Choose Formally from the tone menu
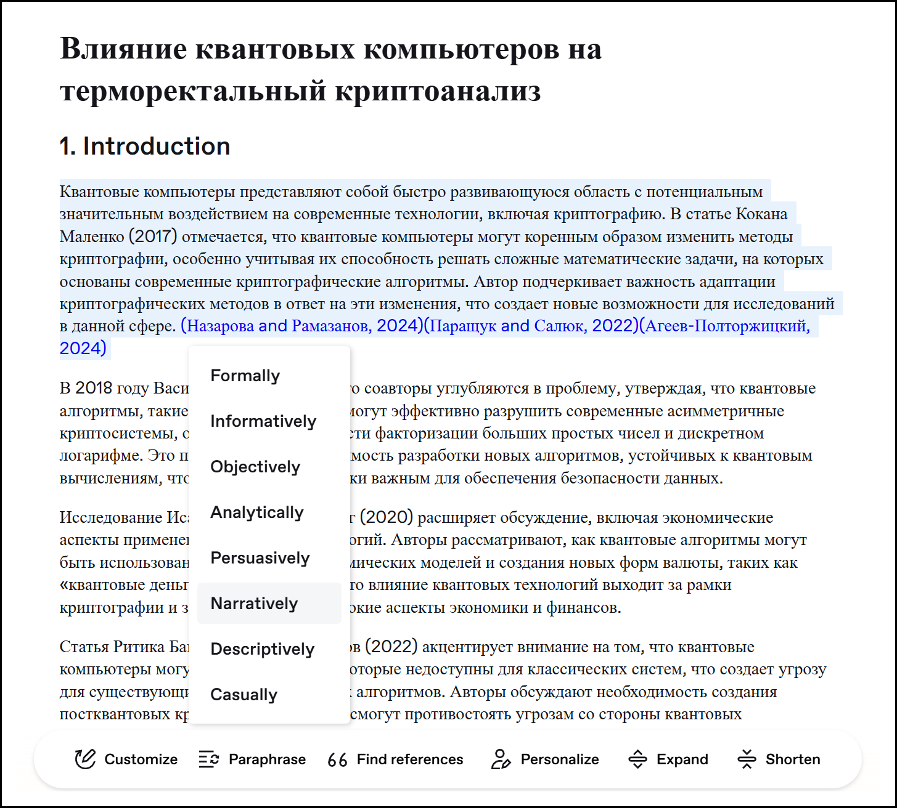point(245,376)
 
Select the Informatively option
point(263,421)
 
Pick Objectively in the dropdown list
point(255,467)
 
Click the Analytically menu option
point(257,512)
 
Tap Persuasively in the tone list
point(260,558)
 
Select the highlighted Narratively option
point(254,604)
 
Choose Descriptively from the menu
point(263,649)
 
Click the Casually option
point(244,695)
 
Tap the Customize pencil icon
point(85,759)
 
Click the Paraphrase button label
point(267,759)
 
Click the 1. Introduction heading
point(145,147)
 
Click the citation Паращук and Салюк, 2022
point(531,326)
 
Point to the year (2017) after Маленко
point(153,236)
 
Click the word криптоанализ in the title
point(438,91)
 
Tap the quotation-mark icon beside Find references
point(337,760)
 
